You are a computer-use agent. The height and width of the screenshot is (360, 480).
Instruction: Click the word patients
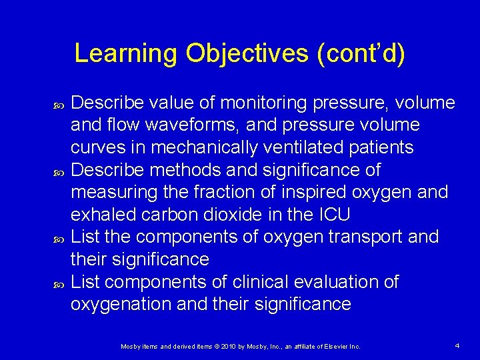click(x=383, y=147)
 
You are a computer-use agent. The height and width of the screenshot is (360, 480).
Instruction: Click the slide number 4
click(x=457, y=345)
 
